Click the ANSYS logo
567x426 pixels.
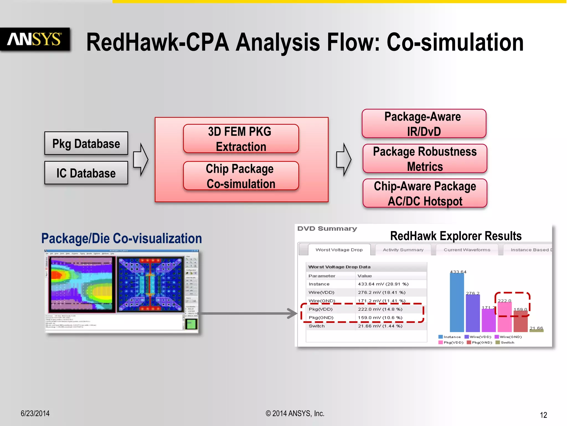[35, 39]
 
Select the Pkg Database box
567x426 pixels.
[86, 143]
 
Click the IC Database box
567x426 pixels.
[86, 173]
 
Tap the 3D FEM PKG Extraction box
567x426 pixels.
[241, 139]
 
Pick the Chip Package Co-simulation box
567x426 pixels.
[241, 176]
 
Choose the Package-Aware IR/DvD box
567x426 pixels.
[424, 124]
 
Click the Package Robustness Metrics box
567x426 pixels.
[424, 159]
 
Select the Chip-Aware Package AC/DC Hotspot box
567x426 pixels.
[424, 193]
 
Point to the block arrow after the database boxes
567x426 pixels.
[141, 159]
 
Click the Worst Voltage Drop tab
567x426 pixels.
[339, 250]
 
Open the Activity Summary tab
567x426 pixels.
[403, 250]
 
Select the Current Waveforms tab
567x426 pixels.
[467, 250]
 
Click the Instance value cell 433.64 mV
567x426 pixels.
[383, 284]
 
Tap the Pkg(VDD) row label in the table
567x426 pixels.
[321, 309]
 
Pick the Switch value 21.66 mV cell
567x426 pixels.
[380, 326]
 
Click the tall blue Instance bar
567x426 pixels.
[457, 302]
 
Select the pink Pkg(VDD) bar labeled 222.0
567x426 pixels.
[504, 317]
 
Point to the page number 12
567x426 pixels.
[543, 415]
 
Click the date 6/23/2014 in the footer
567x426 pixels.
[35, 413]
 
